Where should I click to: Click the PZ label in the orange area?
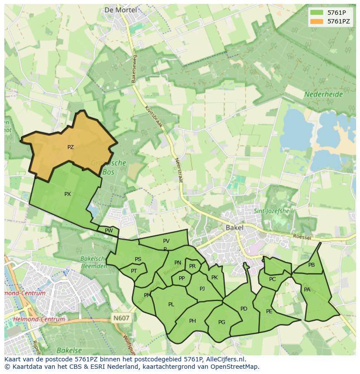tap(70, 147)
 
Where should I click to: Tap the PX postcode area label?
tap(67, 194)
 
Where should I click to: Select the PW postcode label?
tap(109, 231)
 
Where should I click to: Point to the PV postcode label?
tap(166, 241)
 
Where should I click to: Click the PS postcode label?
tap(138, 259)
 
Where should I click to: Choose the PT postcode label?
tap(134, 271)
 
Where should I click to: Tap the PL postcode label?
tap(171, 304)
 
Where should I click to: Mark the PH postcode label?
tap(193, 321)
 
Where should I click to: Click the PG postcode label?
tap(222, 322)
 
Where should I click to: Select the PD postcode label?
tap(243, 309)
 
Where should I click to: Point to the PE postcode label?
tap(269, 311)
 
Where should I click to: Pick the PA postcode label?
tap(307, 290)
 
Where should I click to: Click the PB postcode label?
tap(311, 265)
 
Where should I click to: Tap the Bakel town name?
tap(234, 227)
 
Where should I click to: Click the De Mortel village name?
tap(120, 10)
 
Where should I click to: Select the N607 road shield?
tap(121, 318)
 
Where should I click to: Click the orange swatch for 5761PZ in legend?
tap(317, 21)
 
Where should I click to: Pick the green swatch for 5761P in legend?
tap(317, 12)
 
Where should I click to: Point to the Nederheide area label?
tap(323, 94)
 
